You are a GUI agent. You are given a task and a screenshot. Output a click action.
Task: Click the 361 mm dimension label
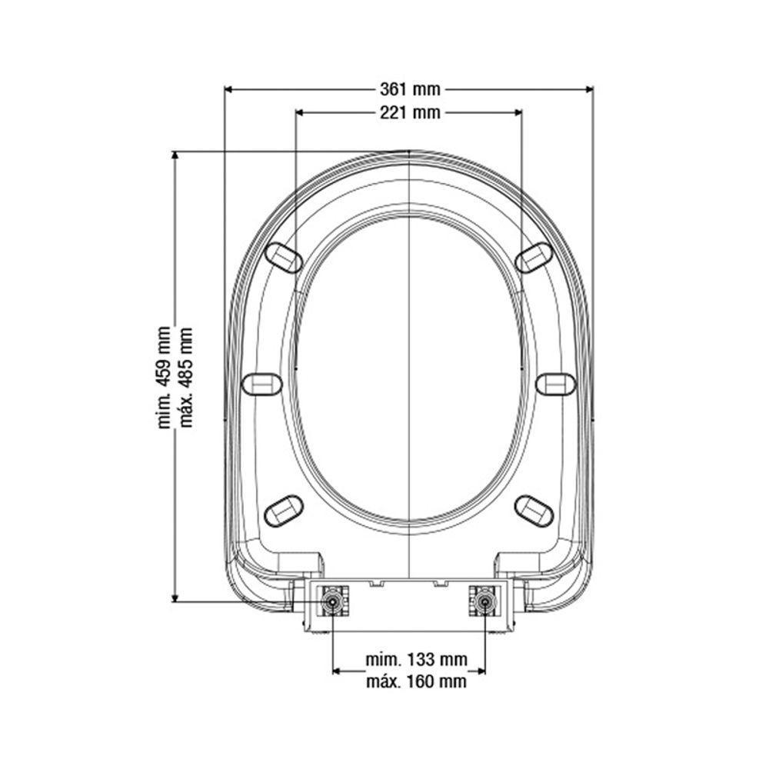pos(409,90)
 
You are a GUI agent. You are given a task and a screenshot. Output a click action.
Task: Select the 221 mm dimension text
pos(409,113)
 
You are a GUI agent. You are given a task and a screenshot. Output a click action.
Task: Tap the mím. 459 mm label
pos(163,377)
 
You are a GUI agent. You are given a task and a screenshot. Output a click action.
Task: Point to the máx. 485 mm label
pos(185,377)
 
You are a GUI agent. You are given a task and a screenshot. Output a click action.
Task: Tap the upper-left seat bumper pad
pos(283,257)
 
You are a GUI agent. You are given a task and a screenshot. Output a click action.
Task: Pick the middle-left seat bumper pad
pos(261,384)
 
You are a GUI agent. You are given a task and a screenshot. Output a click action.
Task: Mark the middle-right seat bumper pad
pos(555,384)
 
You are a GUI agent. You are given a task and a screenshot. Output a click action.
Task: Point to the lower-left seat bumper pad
pos(283,509)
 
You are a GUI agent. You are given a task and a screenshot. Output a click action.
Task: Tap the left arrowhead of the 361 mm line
pos(228,90)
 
